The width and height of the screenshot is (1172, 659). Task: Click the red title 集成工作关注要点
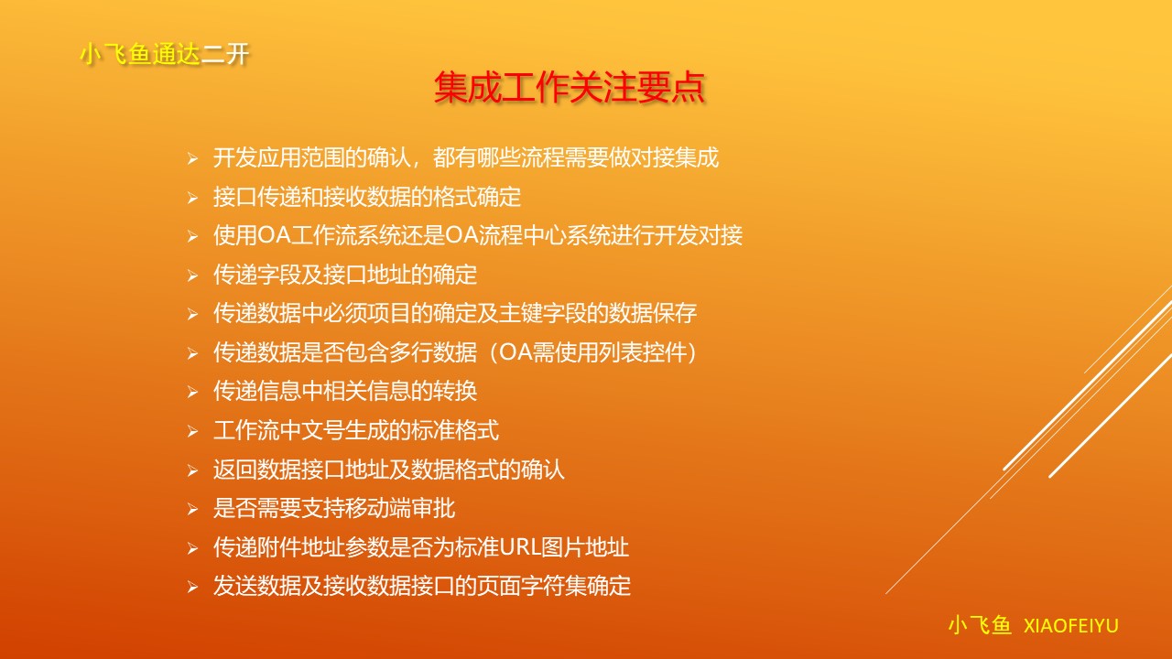(x=570, y=87)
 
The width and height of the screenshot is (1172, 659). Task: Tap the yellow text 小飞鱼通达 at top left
(x=140, y=54)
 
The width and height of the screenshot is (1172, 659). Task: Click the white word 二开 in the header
(x=225, y=54)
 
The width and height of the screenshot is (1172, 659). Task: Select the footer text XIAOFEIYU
(x=1071, y=626)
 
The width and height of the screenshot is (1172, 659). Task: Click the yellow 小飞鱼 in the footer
(x=980, y=625)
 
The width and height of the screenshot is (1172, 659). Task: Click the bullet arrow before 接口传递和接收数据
(x=192, y=198)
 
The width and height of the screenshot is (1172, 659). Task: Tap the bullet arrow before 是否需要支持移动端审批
(x=192, y=509)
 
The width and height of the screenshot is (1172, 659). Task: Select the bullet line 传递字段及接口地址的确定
(x=345, y=275)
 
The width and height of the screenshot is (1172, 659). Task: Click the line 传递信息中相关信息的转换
(x=345, y=391)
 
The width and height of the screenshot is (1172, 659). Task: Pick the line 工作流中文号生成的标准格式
(x=356, y=430)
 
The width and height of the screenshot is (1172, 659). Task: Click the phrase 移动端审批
(x=400, y=508)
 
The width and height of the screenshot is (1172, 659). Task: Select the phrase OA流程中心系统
(x=531, y=235)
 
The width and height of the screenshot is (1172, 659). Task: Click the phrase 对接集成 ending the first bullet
(x=676, y=157)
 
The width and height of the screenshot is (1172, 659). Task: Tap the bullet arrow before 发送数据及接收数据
(x=192, y=587)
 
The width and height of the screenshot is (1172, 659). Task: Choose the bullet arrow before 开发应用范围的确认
(x=192, y=158)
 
